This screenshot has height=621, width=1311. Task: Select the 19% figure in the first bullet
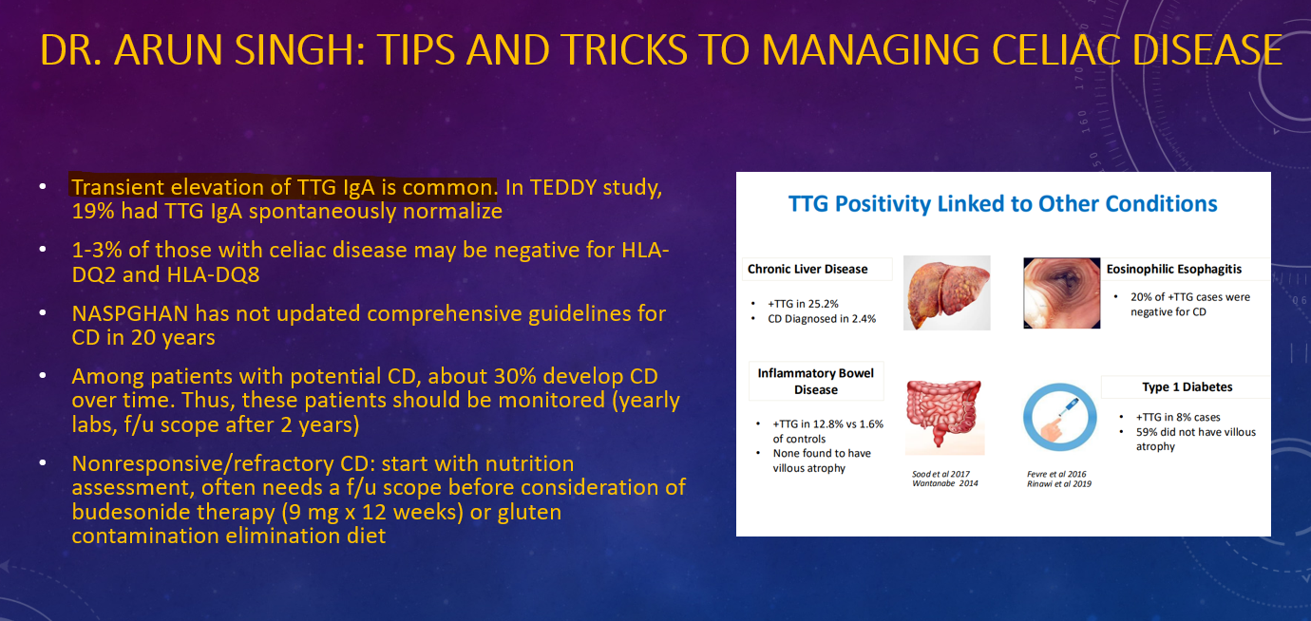92,211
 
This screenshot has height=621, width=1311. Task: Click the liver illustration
946,292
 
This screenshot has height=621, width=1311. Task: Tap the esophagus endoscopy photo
1062,293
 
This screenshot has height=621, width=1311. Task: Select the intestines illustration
944,415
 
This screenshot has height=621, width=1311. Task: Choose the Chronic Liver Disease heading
807,269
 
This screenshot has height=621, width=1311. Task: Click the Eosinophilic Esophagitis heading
1174,269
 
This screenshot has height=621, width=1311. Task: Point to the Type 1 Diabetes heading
1187,387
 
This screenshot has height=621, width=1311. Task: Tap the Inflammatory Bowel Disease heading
816,382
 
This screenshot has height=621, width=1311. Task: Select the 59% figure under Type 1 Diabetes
1147,432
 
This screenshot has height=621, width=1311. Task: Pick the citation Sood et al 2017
941,474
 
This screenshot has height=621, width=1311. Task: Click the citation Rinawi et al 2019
1059,483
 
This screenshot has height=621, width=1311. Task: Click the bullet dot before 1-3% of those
43,250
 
